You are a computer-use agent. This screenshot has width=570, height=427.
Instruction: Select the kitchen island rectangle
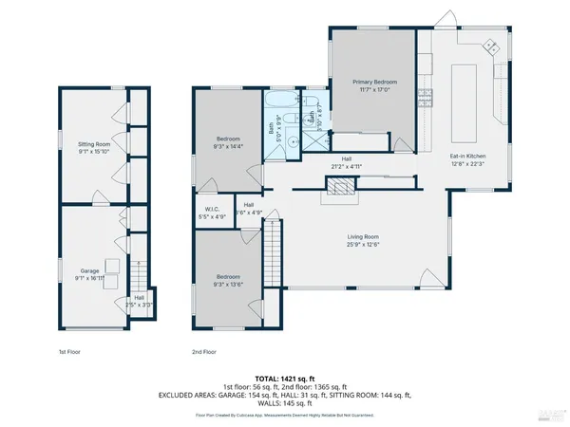465,95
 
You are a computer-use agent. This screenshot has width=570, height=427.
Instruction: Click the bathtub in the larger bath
283,102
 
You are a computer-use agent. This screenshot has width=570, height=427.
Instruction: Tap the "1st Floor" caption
67,351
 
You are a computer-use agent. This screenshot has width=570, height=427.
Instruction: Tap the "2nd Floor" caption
205,351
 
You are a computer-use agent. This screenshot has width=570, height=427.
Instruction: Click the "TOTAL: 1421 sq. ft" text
284,376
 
